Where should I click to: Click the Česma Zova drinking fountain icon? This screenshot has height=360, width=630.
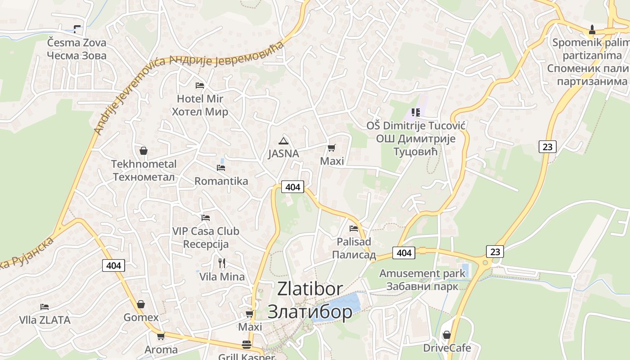pos(77,29)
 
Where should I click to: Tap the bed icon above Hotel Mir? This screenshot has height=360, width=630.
pos(200,85)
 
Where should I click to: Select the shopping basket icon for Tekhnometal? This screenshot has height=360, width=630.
pos(144,151)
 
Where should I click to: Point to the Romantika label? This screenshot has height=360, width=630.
pos(221,181)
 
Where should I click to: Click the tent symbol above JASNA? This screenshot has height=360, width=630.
pos(283,140)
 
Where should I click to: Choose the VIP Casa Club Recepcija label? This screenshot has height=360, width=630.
pos(206,238)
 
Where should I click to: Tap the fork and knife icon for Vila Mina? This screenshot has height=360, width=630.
pos(222,263)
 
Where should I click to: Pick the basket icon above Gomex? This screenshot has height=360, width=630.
pos(141,305)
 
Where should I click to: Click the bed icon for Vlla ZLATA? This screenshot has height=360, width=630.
pos(44,307)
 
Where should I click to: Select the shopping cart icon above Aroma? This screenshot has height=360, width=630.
pos(161,336)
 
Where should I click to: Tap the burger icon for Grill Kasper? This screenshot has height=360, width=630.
pos(247,345)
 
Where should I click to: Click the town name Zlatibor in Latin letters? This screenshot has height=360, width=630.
pos(310,288)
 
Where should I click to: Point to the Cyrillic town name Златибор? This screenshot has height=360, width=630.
pos(310,311)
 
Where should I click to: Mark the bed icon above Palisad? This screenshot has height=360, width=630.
pos(353,229)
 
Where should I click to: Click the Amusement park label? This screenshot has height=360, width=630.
pos(422,273)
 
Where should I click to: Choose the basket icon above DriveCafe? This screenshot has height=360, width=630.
pos(447,335)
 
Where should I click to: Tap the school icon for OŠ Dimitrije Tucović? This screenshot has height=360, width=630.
pos(415,112)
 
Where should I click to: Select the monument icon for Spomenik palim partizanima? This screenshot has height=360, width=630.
pos(592,30)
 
